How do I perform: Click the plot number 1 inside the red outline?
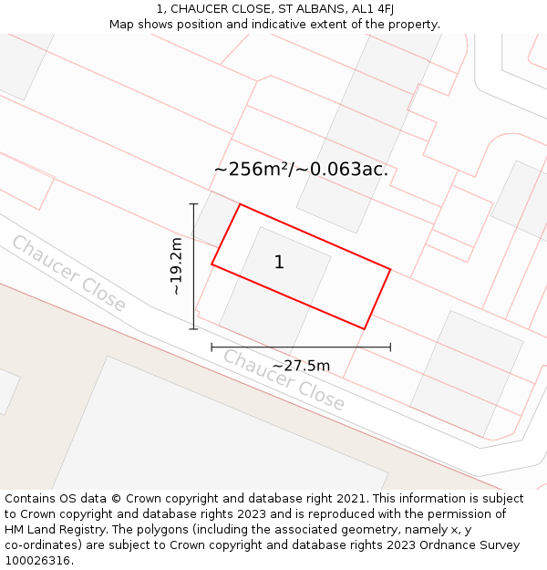[x=279, y=263]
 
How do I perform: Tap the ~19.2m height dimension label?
[x=176, y=265]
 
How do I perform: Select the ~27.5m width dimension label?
[x=301, y=366]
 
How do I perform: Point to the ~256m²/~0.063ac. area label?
[x=301, y=169]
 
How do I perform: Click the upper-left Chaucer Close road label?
[x=68, y=274]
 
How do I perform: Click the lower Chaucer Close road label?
[x=284, y=379]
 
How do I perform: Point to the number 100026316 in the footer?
[x=36, y=561]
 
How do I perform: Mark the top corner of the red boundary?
[x=240, y=204]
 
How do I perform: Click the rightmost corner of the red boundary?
[x=390, y=269]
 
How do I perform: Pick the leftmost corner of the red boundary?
[x=212, y=264]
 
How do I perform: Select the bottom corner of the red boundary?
[x=364, y=328]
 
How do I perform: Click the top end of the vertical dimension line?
[x=193, y=204]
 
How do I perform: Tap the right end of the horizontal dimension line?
[x=390, y=347]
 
